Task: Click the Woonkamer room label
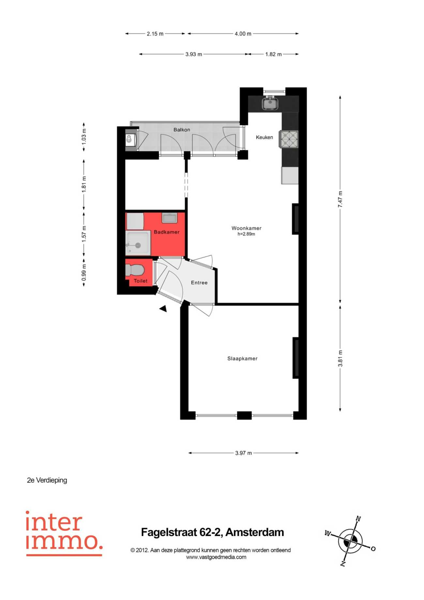246,228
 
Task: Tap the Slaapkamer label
242,358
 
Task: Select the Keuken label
264,137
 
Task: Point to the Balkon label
182,130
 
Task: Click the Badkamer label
167,232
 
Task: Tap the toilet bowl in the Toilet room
135,270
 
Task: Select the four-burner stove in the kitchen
289,139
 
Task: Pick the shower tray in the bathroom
138,243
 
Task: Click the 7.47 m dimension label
340,199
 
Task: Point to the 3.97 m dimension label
244,453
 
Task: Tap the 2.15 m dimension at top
155,34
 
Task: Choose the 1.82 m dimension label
273,54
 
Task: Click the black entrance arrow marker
163,308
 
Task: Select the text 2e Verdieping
47,480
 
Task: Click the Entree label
199,283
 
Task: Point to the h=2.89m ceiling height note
246,234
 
